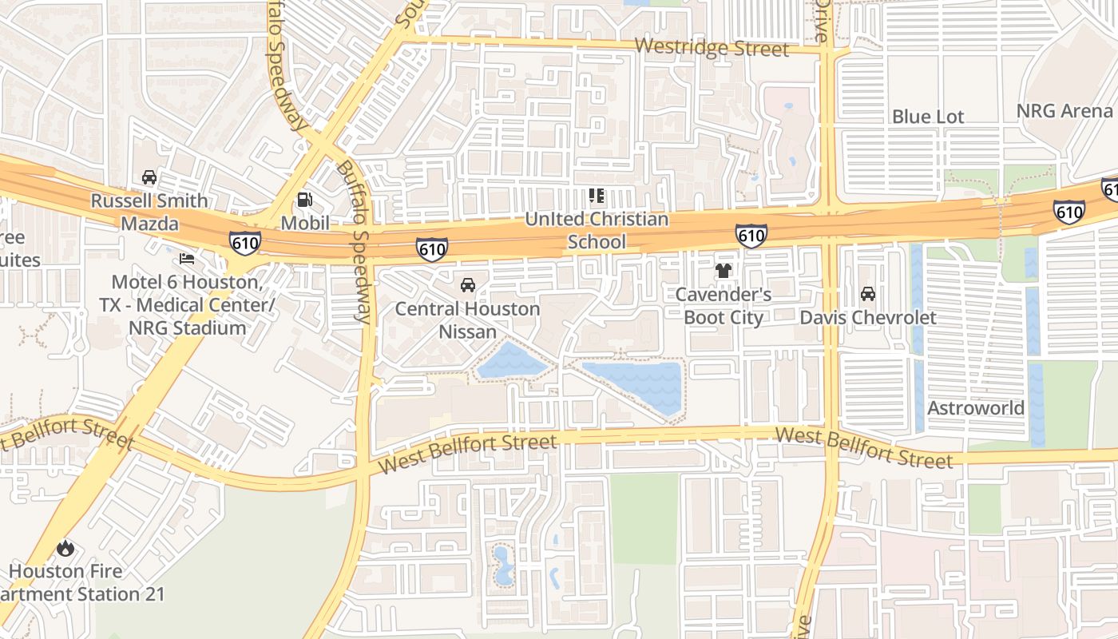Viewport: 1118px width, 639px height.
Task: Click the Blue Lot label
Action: (x=928, y=117)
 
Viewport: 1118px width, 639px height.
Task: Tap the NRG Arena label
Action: (x=1064, y=111)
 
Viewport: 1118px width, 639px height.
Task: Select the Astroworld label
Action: (x=975, y=408)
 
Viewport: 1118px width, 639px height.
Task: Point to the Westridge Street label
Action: (x=712, y=47)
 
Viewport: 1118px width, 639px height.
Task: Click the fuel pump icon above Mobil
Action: (x=304, y=200)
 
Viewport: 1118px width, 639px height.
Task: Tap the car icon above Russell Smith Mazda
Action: (x=149, y=177)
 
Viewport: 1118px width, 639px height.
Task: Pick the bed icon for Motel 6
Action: (x=187, y=258)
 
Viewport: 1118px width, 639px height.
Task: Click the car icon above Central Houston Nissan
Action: (x=468, y=285)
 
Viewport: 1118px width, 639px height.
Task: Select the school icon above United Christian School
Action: (x=596, y=196)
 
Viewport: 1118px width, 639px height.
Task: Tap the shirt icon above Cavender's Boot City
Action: (x=724, y=271)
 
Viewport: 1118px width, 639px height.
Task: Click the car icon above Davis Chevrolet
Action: (x=868, y=294)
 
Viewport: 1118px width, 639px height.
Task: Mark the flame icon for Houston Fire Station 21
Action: (x=65, y=548)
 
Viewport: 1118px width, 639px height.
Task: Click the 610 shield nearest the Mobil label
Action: (x=244, y=242)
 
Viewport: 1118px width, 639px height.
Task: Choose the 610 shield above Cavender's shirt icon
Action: (x=751, y=235)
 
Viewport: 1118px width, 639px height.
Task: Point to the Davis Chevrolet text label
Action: (x=868, y=317)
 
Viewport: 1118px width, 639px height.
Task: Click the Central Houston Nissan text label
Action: (x=468, y=319)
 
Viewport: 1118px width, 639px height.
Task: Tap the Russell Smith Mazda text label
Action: (x=149, y=212)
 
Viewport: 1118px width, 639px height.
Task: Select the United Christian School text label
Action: (x=597, y=230)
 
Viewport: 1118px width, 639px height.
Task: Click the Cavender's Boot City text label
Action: (x=724, y=306)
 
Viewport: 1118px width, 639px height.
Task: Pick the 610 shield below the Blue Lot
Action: (x=1068, y=212)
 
